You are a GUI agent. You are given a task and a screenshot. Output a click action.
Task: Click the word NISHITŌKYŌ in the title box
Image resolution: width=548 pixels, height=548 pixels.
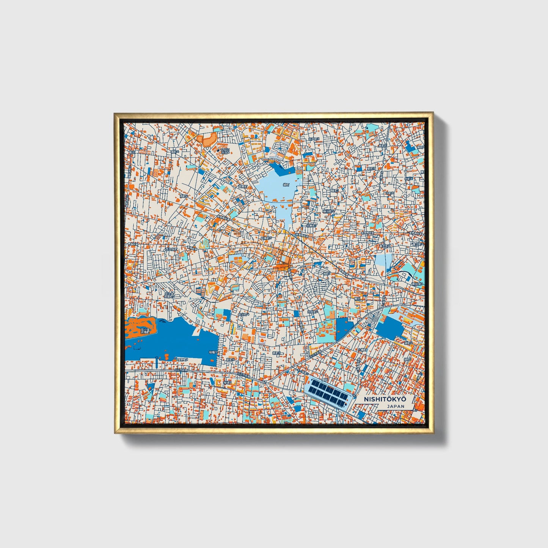click(x=385, y=399)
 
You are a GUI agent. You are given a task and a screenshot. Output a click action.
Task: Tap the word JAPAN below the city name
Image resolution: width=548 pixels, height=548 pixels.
click(x=396, y=406)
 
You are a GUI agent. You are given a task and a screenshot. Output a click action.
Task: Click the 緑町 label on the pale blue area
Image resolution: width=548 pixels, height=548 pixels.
click(x=286, y=185)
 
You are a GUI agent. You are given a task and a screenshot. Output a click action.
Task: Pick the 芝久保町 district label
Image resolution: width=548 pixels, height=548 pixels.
click(x=171, y=250)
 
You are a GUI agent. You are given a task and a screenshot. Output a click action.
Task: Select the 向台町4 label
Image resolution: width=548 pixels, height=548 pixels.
click(x=243, y=314)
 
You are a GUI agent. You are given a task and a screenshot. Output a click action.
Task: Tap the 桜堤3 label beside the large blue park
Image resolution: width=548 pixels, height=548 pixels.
click(x=212, y=352)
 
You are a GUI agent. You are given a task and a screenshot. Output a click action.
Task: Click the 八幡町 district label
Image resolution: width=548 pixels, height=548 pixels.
click(x=363, y=349)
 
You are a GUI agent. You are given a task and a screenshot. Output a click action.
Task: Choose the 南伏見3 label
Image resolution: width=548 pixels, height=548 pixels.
click(x=419, y=284)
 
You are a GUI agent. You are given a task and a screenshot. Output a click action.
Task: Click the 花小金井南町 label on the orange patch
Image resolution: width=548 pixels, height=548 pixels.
click(x=145, y=331)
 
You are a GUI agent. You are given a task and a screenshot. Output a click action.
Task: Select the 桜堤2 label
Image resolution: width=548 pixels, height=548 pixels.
click(x=227, y=383)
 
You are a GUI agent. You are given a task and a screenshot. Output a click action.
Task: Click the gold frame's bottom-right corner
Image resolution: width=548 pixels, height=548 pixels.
click(x=432, y=433)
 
